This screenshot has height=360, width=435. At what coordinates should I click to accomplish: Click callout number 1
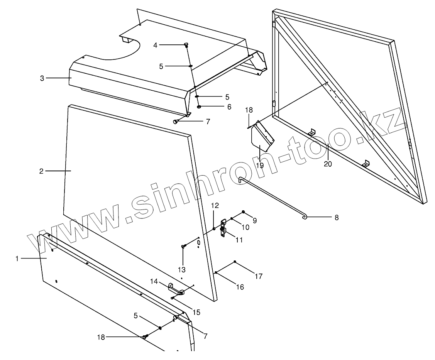tap(17, 259)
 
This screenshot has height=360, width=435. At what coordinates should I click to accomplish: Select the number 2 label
tap(41, 171)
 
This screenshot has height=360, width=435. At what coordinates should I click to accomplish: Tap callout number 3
tap(42, 78)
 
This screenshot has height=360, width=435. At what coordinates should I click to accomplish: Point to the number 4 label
tap(155, 45)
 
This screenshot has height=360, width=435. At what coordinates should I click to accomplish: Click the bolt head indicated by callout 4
tap(186, 45)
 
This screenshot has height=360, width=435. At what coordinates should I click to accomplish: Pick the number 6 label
tap(229, 107)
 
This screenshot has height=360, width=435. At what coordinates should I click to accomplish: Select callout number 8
tap(337, 218)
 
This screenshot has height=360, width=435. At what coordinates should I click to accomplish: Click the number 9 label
tap(254, 221)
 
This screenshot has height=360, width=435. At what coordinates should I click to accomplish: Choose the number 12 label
tap(215, 205)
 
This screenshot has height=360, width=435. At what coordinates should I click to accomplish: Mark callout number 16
tap(240, 287)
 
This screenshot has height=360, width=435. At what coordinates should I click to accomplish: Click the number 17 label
tap(258, 276)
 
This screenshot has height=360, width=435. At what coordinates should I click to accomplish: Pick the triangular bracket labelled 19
tap(261, 139)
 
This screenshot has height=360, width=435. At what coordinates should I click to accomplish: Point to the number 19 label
tap(259, 166)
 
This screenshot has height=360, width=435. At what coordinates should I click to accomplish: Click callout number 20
tap(328, 164)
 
